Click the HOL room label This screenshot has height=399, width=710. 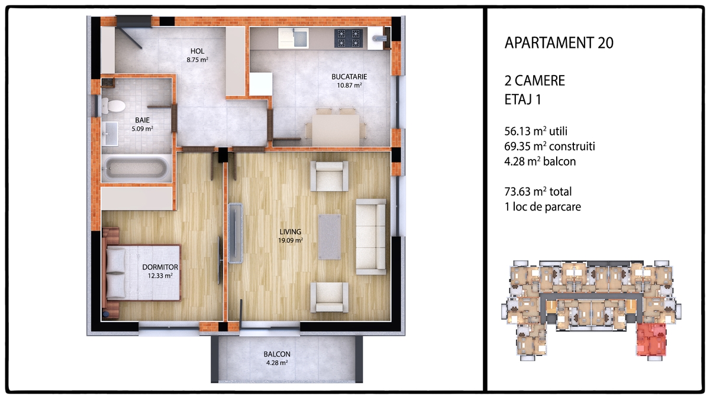click(x=197, y=51)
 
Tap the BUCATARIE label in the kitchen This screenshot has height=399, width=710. click(x=349, y=77)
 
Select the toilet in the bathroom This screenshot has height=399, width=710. click(x=113, y=106)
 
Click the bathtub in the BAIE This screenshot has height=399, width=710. click(x=137, y=168)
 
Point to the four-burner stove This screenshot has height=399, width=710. click(x=348, y=38)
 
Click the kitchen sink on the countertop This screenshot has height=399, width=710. click(x=293, y=38)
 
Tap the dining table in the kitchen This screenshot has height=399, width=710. click(x=335, y=130)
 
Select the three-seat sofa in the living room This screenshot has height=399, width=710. click(x=371, y=236)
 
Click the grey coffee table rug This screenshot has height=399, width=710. click(x=330, y=236)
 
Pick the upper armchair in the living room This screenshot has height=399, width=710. click(x=330, y=176)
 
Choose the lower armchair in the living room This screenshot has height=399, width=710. click(x=330, y=297)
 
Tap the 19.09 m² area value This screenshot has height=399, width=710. click(x=291, y=241)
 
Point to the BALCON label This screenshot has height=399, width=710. click(x=277, y=354)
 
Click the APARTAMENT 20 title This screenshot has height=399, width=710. click(x=559, y=43)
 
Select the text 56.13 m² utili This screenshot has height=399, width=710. click(x=535, y=131)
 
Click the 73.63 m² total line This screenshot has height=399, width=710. click(x=538, y=192)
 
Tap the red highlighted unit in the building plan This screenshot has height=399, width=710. click(x=651, y=340)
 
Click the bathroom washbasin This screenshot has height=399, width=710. click(x=109, y=134)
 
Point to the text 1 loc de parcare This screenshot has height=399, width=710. click(x=543, y=207)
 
